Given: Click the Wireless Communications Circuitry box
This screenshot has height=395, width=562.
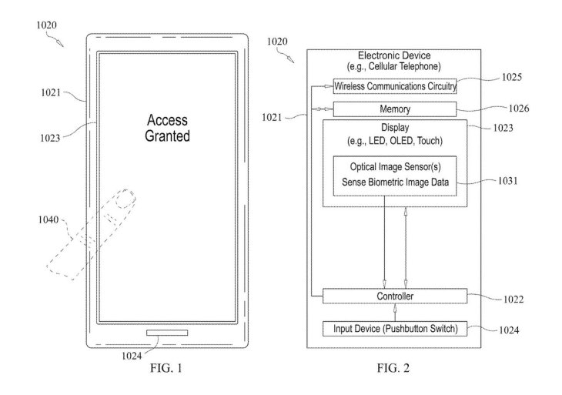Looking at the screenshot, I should pyautogui.click(x=394, y=85).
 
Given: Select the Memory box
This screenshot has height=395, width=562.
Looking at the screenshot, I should pyautogui.click(x=394, y=109).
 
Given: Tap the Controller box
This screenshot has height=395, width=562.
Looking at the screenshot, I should pyautogui.click(x=394, y=296).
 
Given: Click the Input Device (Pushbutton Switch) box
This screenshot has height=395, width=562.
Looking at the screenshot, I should pyautogui.click(x=394, y=330).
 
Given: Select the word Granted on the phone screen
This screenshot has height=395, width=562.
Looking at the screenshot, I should pyautogui.click(x=167, y=136).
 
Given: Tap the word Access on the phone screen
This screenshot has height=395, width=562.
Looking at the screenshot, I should pyautogui.click(x=167, y=121).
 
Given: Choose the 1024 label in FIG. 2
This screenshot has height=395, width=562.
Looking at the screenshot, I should pyautogui.click(x=513, y=331).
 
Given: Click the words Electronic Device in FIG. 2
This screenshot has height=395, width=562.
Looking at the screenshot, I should pyautogui.click(x=394, y=55).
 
